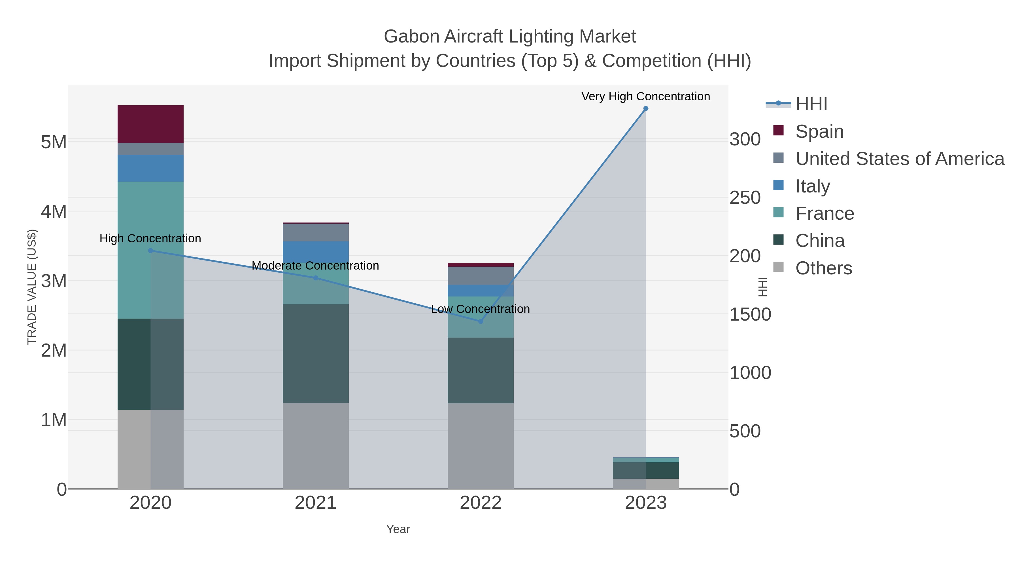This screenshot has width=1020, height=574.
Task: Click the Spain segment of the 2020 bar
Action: tap(150, 124)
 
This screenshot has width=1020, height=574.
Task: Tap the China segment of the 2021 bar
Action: tap(316, 353)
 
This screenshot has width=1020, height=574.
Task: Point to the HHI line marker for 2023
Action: tap(645, 109)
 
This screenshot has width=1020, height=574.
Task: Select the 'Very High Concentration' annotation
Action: tap(645, 97)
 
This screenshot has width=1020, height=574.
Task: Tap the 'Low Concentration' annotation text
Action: tap(480, 309)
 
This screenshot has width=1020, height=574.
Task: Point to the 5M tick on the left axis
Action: tap(54, 142)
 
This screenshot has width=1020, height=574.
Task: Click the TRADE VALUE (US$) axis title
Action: tap(32, 287)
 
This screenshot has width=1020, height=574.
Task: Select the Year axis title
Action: tap(398, 529)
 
